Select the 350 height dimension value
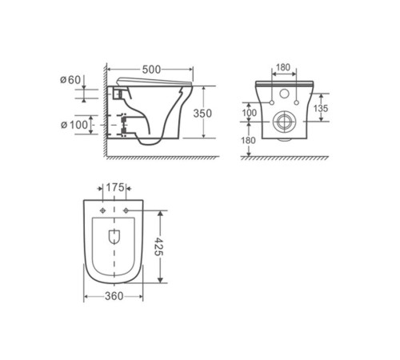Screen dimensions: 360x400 pyautogui.click(x=203, y=114)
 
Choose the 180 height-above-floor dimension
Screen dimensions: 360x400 pyautogui.click(x=250, y=142)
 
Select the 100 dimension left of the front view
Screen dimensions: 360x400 pyautogui.click(x=250, y=114)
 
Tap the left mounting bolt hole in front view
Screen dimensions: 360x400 pyautogui.click(x=270, y=102)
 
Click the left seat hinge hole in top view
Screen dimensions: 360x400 pyautogui.click(x=103, y=210)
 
